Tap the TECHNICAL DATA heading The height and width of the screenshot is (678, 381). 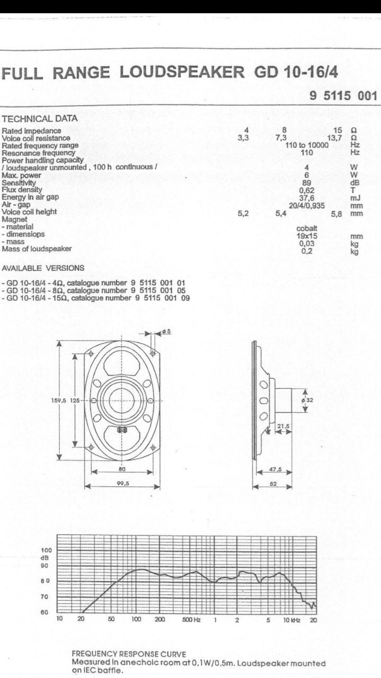point(40,118)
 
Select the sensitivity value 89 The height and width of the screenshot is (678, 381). point(306,183)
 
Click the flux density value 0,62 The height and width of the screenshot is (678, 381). point(306,190)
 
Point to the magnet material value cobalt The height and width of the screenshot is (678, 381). point(307,228)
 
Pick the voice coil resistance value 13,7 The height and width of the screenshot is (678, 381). point(335,138)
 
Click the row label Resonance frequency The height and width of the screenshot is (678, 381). point(39,153)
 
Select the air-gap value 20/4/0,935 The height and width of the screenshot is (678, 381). point(306,206)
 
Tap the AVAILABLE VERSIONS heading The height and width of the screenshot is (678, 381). point(43,268)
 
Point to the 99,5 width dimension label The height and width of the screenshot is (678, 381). point(123,484)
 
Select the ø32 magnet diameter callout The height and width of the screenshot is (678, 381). point(307,400)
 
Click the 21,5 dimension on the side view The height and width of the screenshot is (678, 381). point(283,426)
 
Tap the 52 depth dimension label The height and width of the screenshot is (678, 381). point(273,484)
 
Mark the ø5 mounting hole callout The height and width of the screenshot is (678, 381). point(167,331)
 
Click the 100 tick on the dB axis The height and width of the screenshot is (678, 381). point(46,550)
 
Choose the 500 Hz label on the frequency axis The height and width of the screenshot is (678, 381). point(191,620)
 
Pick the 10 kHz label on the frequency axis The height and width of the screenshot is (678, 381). point(292,620)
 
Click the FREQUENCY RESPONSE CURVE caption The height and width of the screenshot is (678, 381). point(129,654)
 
